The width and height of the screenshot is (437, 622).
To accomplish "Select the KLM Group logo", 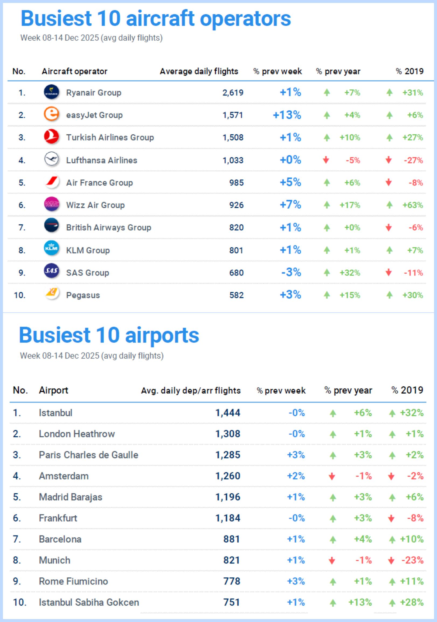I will (x=51, y=248).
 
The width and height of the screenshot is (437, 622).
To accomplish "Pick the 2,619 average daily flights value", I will (x=233, y=93).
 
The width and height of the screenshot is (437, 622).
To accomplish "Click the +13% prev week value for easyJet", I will (x=287, y=115).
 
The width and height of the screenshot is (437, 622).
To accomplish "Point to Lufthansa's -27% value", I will (x=413, y=160).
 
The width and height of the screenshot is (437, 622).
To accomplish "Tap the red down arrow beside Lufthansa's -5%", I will (x=326, y=160).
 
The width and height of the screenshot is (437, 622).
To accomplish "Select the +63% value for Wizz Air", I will (x=412, y=205).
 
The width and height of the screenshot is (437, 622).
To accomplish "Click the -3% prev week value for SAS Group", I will (x=291, y=272).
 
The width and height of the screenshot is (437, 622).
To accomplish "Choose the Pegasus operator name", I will (x=83, y=295).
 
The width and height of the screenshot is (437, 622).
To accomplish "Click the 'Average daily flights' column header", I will (x=199, y=71).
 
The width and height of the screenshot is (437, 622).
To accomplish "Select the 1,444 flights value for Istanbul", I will (x=228, y=413).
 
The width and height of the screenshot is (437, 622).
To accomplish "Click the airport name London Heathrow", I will (x=77, y=434).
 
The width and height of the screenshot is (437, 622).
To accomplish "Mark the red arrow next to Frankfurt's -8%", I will (x=391, y=519).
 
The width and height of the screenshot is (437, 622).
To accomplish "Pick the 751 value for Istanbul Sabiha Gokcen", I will (x=231, y=602).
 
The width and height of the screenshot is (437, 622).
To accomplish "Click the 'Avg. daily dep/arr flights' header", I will (x=190, y=390).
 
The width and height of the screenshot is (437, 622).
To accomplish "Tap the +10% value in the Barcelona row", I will (x=412, y=539).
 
